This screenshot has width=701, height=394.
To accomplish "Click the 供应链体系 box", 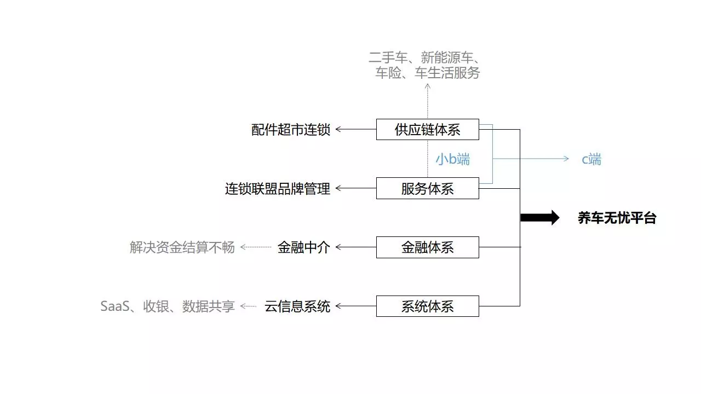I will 427,130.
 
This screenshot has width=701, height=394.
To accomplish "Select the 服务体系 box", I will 427,189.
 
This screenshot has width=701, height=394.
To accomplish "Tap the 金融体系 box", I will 427,247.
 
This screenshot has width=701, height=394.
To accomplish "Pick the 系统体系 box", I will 427,306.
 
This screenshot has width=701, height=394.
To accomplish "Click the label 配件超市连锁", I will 291,130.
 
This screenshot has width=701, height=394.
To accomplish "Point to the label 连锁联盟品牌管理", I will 278,189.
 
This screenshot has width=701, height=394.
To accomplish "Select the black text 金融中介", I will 304,247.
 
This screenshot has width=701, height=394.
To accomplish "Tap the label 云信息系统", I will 297,306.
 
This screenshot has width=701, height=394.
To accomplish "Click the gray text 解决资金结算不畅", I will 182,247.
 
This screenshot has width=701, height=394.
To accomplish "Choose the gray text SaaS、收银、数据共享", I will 168,306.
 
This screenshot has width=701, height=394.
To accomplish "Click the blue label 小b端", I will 452,159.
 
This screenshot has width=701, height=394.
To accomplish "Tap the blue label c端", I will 591,159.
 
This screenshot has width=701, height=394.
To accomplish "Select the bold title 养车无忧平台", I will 617,218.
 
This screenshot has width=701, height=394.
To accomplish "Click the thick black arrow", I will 539,218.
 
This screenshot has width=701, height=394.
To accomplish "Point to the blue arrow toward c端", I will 531,159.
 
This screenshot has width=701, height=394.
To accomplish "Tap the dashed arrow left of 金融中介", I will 256,247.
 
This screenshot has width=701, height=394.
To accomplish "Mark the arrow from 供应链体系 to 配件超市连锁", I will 355,130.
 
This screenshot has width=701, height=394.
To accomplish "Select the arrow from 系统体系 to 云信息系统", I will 355,306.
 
